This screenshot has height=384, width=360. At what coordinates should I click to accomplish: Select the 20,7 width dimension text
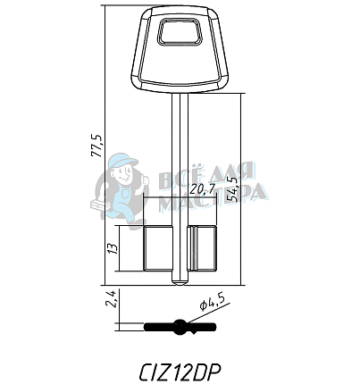point(203,188)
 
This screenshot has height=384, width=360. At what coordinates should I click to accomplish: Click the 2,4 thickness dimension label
point(112,298)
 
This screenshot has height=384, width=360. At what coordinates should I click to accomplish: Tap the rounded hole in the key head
point(180,36)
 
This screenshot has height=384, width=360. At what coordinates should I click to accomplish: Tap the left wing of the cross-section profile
point(159,327)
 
